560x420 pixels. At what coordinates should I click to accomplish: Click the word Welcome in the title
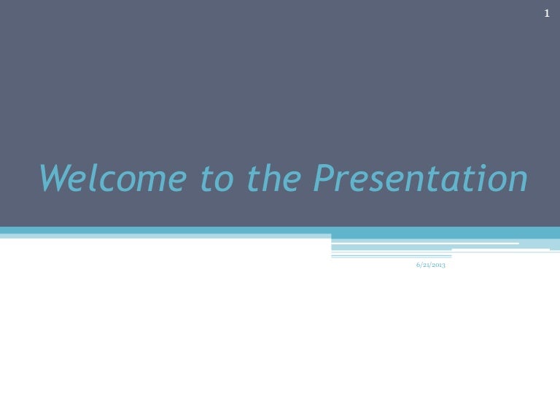[113, 177]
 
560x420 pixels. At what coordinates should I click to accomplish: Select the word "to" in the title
[217, 178]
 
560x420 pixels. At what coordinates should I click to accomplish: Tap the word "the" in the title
[274, 177]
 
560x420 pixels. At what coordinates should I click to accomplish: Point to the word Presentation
[420, 177]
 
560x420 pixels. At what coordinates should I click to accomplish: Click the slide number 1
[547, 14]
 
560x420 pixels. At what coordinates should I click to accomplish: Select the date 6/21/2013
[431, 265]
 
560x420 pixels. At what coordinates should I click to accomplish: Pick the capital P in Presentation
[325, 177]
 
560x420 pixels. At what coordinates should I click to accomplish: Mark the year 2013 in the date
[439, 265]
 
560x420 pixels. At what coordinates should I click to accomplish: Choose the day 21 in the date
[426, 265]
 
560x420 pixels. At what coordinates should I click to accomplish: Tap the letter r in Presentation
[344, 181]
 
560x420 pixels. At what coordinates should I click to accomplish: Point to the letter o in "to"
[224, 182]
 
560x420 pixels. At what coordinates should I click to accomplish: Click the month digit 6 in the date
[418, 265]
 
